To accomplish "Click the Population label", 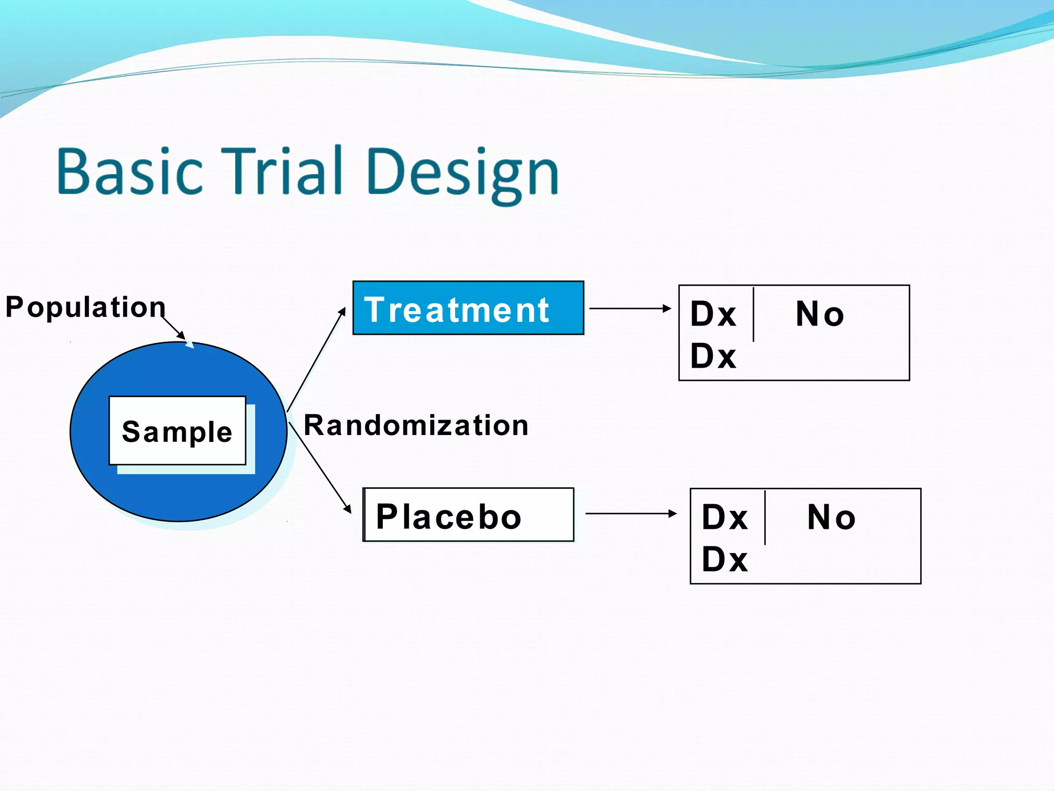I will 85,307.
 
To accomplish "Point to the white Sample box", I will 177,431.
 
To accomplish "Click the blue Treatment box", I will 468,308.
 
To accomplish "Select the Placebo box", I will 468,515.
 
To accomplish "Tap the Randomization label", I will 416,426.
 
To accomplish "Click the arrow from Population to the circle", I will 173,328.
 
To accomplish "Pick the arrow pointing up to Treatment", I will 316,360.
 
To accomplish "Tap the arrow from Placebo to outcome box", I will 630,513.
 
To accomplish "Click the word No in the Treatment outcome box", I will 819,314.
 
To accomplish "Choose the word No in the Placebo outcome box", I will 831,517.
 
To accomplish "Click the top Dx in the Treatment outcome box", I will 713,314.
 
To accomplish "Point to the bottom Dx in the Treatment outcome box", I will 713,356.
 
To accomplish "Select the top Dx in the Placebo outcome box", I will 724,517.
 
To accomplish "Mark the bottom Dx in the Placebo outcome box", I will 724,559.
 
